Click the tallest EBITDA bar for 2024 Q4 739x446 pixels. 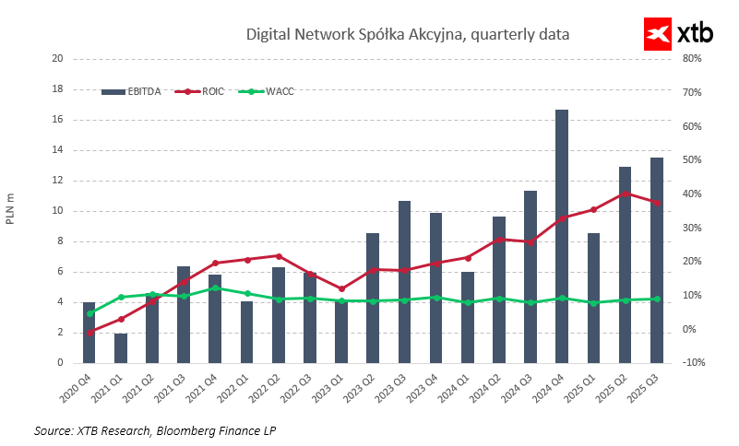click(561, 236)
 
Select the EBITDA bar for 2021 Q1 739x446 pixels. click(121, 348)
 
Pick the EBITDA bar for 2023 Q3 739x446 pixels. click(404, 281)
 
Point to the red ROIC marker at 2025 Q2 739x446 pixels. click(625, 194)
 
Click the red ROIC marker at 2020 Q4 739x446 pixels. click(89, 333)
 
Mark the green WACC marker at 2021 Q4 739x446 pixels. click(215, 288)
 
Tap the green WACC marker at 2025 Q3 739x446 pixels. click(656, 299)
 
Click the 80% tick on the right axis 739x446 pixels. click(692, 58)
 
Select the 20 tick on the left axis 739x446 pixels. click(56, 58)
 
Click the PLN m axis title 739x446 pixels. click(11, 210)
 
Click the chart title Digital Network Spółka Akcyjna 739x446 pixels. click(407, 34)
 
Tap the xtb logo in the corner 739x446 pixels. click(678, 34)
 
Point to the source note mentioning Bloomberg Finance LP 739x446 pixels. click(155, 430)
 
